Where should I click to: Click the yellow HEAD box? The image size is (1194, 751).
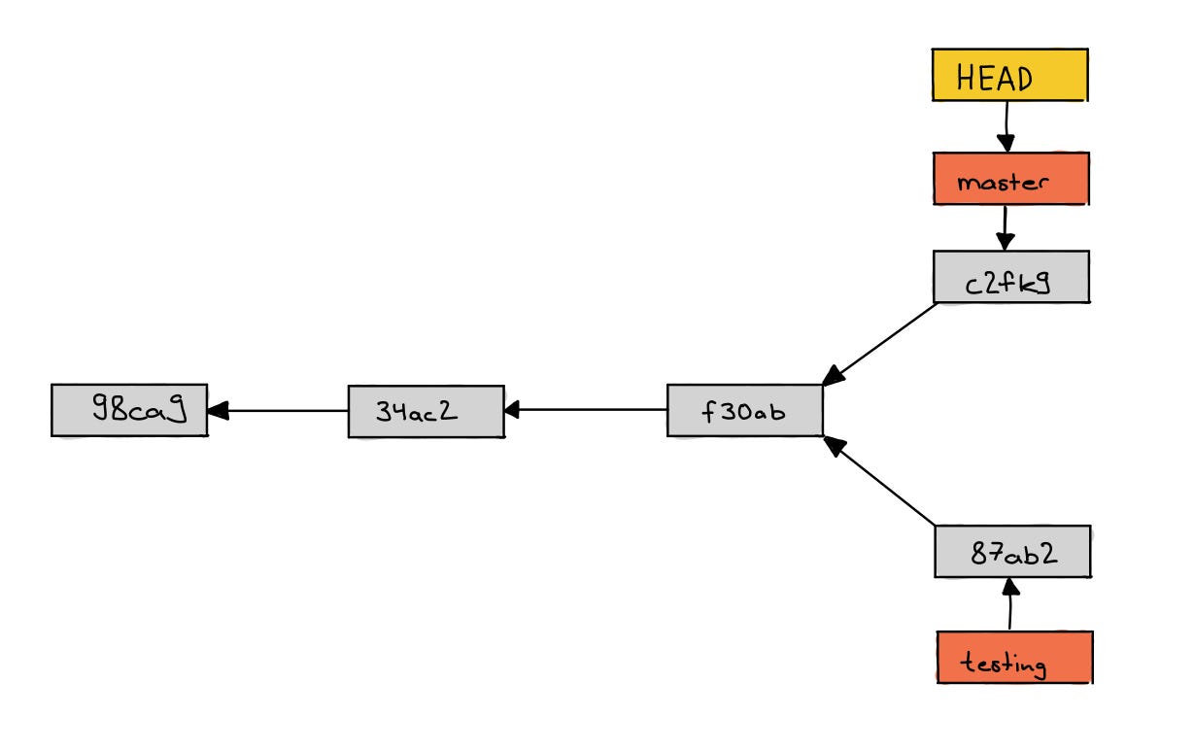(x=1010, y=75)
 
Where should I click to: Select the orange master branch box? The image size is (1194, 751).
(x=1011, y=179)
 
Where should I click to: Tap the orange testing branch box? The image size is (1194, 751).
(x=1015, y=657)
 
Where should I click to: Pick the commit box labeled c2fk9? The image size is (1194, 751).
(x=1011, y=277)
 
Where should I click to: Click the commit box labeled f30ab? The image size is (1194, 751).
(x=744, y=410)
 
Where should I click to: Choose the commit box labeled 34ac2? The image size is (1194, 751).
(x=426, y=412)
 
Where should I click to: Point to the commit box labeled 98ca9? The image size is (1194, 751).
(x=129, y=410)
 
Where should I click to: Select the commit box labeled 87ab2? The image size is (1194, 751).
(x=1012, y=551)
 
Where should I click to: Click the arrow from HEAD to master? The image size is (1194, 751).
(x=1006, y=127)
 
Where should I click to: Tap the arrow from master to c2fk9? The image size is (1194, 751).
(x=1006, y=228)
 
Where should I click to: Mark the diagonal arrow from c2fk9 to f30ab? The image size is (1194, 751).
(x=879, y=344)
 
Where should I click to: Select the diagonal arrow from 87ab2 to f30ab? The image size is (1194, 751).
(x=879, y=481)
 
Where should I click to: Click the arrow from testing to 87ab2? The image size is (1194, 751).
(x=1010, y=604)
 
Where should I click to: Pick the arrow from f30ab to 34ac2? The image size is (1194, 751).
(x=585, y=410)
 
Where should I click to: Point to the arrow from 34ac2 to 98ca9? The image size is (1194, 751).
(x=277, y=410)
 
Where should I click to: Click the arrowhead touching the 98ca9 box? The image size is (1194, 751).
(x=218, y=410)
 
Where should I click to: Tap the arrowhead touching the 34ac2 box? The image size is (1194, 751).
(x=512, y=410)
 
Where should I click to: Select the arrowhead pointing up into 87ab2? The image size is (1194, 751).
(x=1010, y=587)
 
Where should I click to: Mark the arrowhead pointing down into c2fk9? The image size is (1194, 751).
(x=1006, y=242)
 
